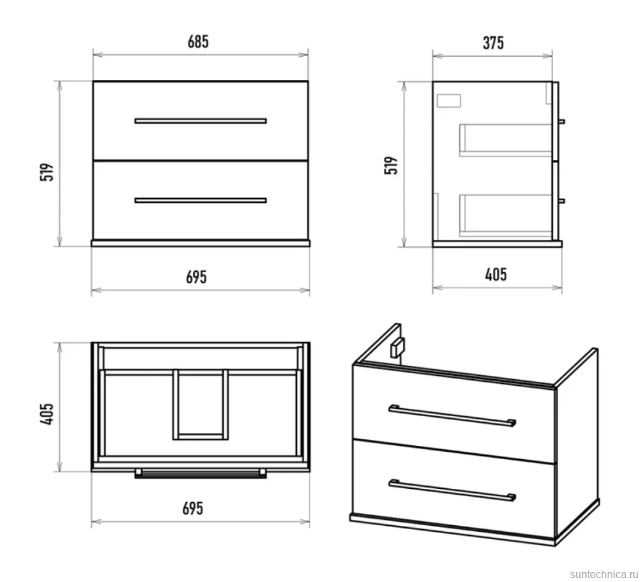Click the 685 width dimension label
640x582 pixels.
click(x=198, y=42)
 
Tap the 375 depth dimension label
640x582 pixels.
click(x=493, y=43)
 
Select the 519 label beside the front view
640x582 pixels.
click(x=47, y=172)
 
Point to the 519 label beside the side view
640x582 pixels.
click(x=391, y=165)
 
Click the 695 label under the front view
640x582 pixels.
click(x=197, y=277)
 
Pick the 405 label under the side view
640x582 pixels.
click(x=496, y=275)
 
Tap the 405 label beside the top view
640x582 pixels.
click(x=47, y=414)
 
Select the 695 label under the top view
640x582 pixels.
click(x=193, y=509)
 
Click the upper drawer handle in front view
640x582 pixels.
click(x=201, y=121)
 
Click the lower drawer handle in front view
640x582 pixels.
click(x=201, y=200)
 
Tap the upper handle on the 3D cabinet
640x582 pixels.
click(x=452, y=416)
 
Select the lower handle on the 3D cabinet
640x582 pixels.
click(x=452, y=490)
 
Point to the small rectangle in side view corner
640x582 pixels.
click(x=449, y=100)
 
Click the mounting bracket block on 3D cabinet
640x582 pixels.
click(x=397, y=348)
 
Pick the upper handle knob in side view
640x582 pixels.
click(x=561, y=122)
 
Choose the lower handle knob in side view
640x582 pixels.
click(x=561, y=201)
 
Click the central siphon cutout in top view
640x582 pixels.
click(x=201, y=404)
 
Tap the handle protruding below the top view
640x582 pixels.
click(x=201, y=474)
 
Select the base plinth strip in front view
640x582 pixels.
click(x=201, y=243)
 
